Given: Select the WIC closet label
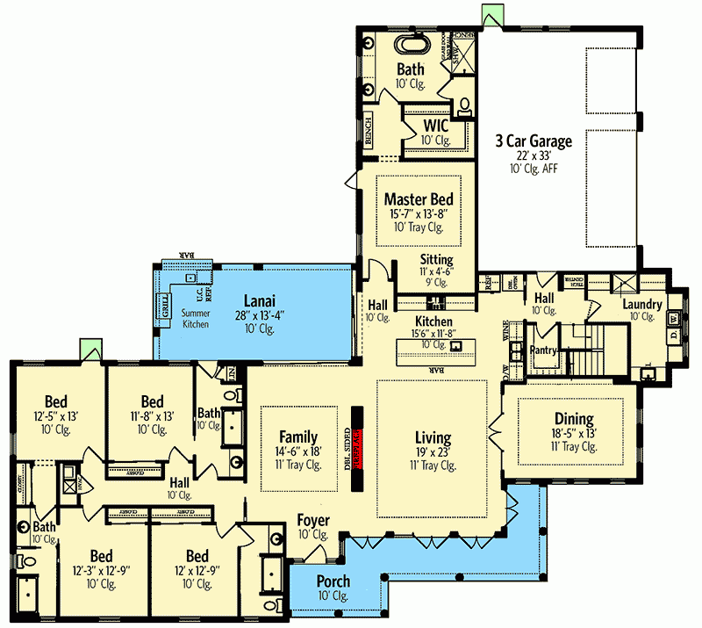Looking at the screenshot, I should pyautogui.click(x=435, y=126).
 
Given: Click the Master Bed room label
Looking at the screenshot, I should pyautogui.click(x=418, y=199).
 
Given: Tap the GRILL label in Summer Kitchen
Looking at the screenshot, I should pyautogui.click(x=163, y=308).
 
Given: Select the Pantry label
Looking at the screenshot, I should pyautogui.click(x=545, y=350).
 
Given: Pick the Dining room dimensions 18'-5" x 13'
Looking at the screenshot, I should pyautogui.click(x=573, y=433).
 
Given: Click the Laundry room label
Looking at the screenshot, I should pyautogui.click(x=642, y=304).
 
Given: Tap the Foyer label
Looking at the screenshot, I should pyautogui.click(x=312, y=520).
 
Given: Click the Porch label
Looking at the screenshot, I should pyautogui.click(x=333, y=581).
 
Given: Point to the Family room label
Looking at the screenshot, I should pyautogui.click(x=298, y=437).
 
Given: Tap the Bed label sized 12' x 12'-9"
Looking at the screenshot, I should pyautogui.click(x=197, y=556).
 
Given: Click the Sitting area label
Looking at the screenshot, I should pyautogui.click(x=436, y=260).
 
